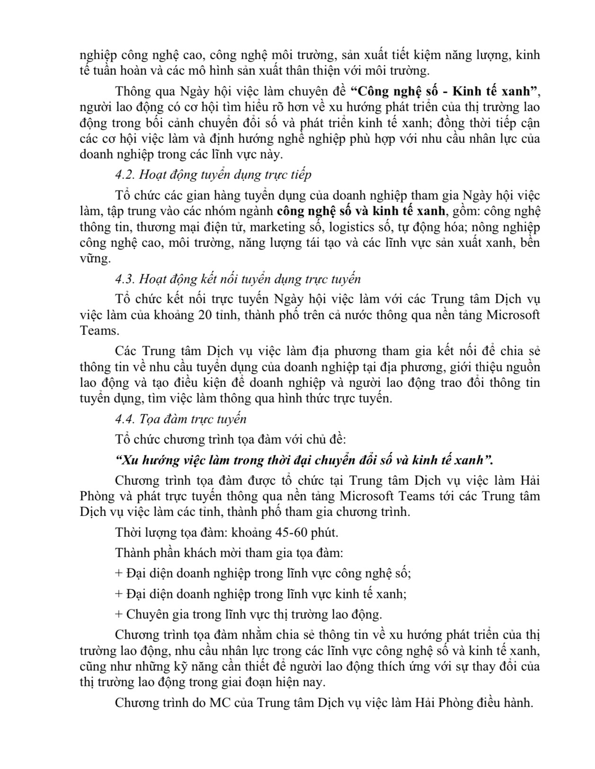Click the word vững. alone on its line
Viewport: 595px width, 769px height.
95,259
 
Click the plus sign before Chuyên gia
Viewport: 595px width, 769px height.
119,614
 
